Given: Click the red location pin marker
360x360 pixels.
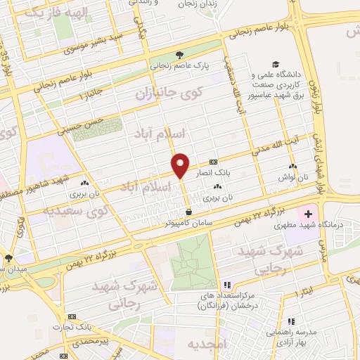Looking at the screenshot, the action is point(180,165).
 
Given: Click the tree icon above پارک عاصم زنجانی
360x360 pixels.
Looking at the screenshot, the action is point(181,54).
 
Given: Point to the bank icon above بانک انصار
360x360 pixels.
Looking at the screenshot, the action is point(214,162).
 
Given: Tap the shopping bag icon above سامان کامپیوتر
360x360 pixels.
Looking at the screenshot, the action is point(188,212).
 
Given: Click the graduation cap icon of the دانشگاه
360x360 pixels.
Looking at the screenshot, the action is point(252,72).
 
